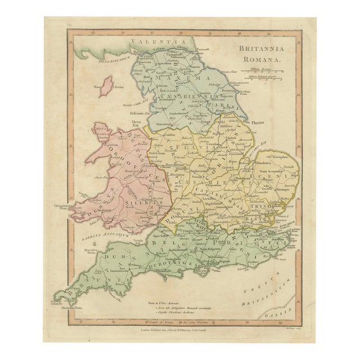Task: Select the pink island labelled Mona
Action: point(106,87)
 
